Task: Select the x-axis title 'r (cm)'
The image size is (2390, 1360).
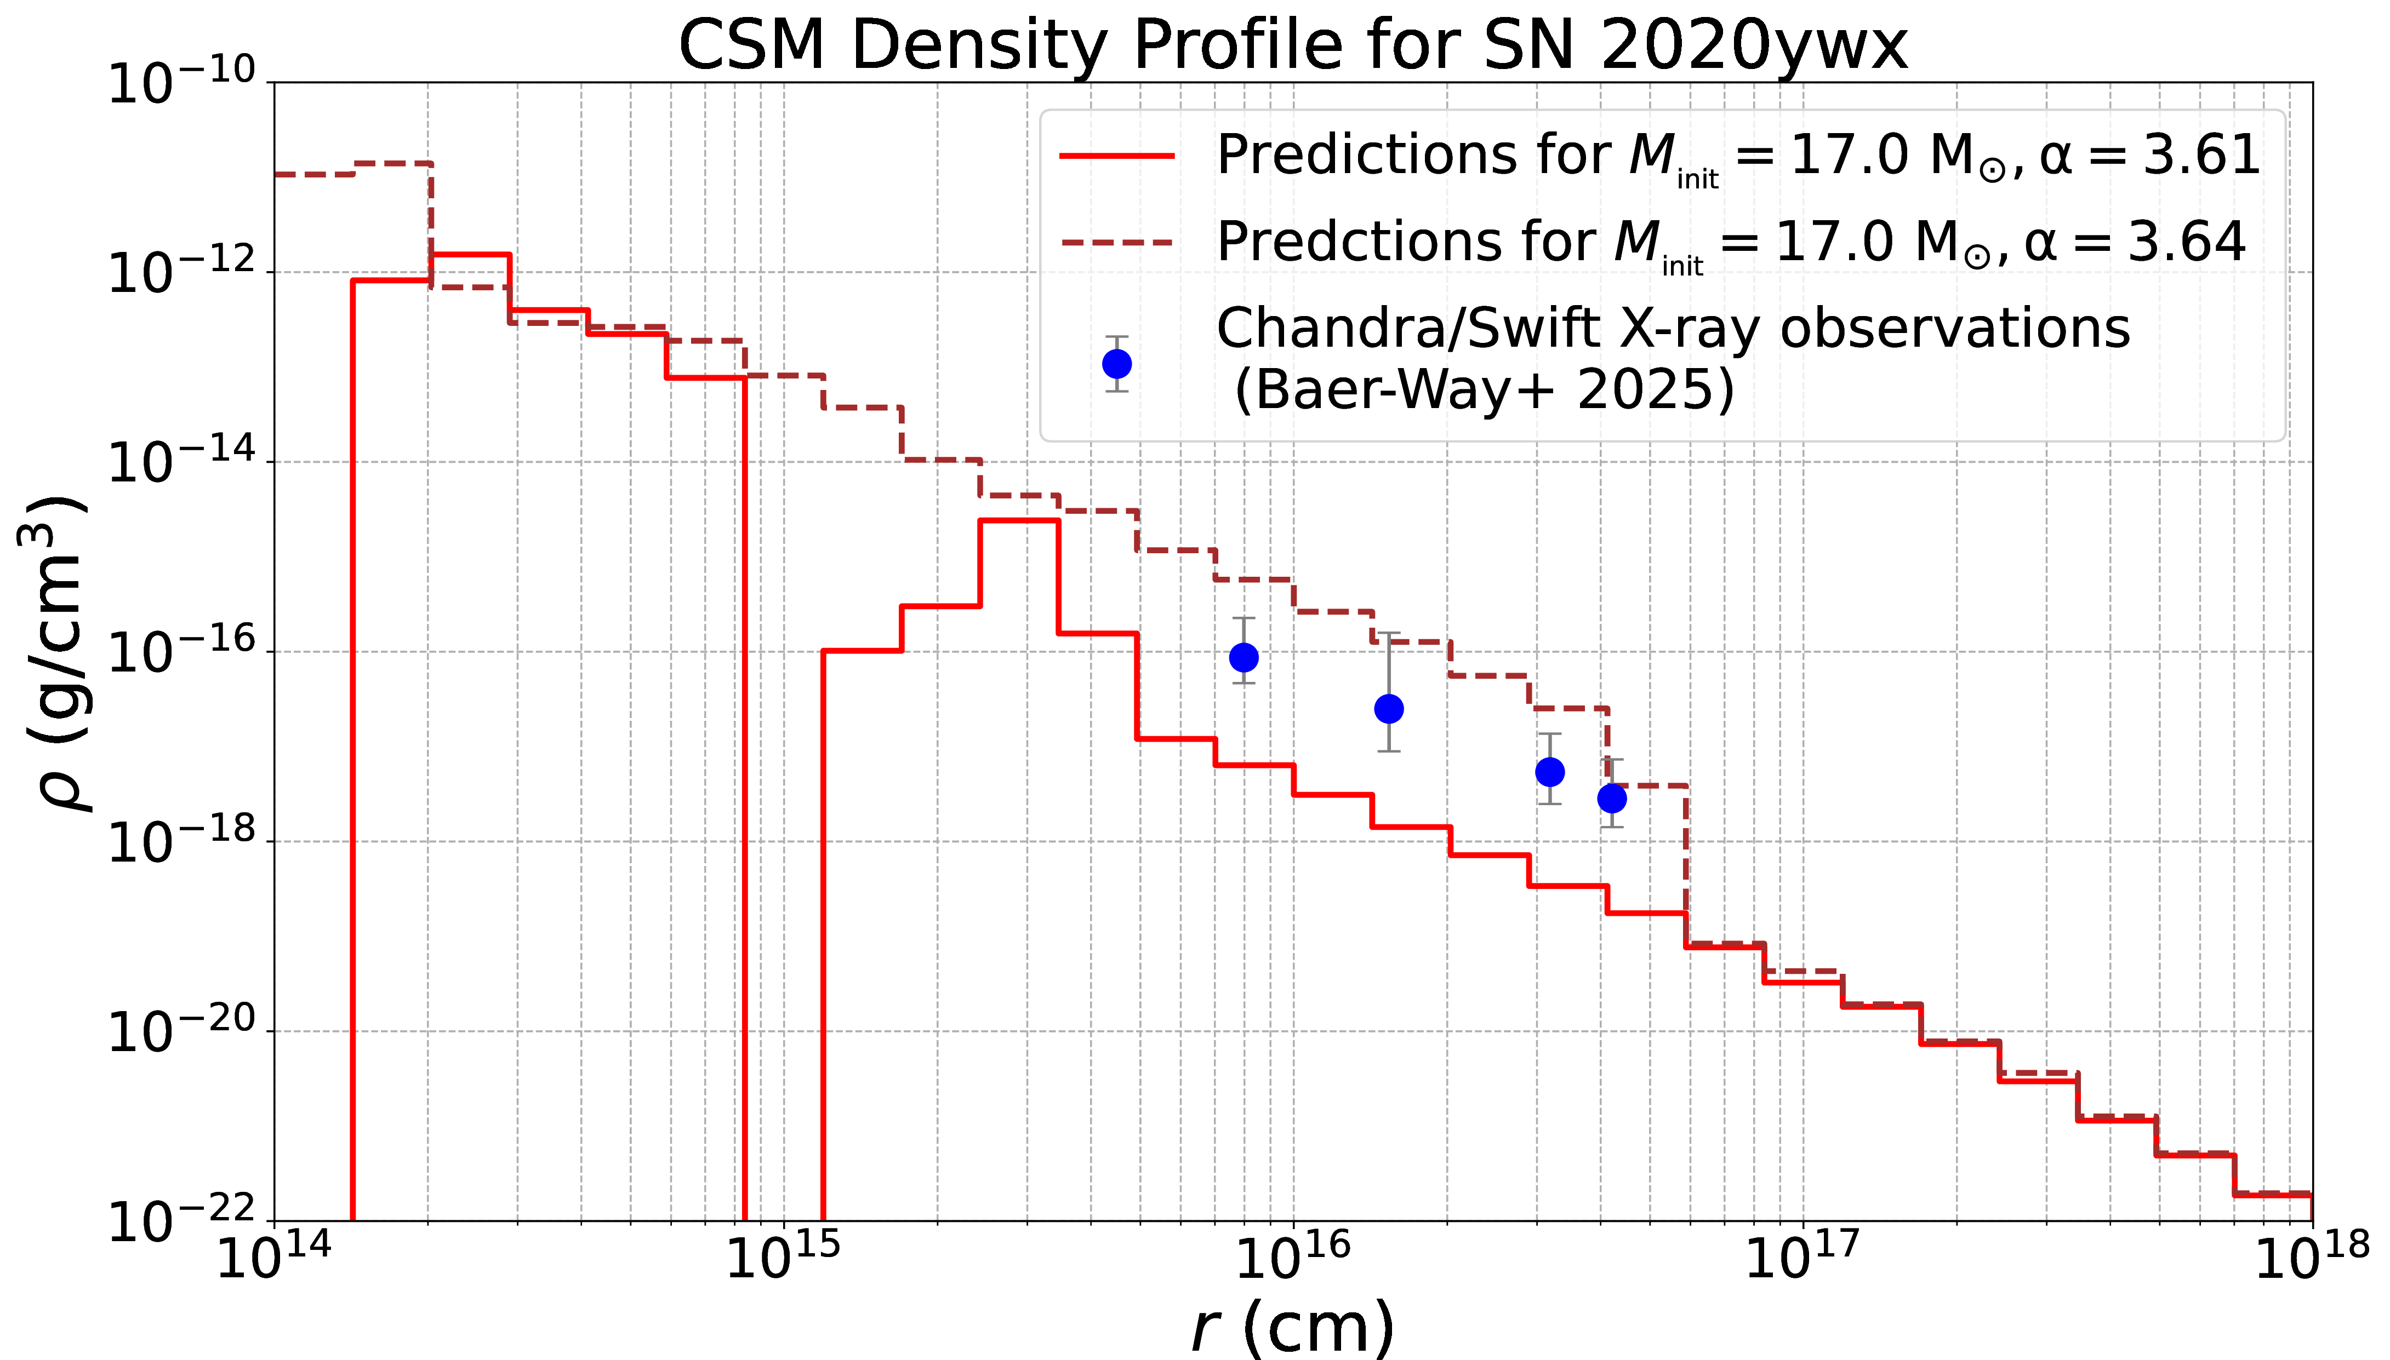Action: [1292, 1327]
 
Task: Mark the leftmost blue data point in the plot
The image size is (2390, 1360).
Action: [1244, 658]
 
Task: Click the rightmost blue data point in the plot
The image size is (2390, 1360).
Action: [1612, 799]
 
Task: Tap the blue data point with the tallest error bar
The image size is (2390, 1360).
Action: [1389, 709]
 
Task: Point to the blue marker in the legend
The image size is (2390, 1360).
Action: [1116, 363]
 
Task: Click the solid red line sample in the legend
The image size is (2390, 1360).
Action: [1116, 155]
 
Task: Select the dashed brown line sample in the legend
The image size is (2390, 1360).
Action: [1116, 242]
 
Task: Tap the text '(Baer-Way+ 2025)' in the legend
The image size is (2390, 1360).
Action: [1484, 389]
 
